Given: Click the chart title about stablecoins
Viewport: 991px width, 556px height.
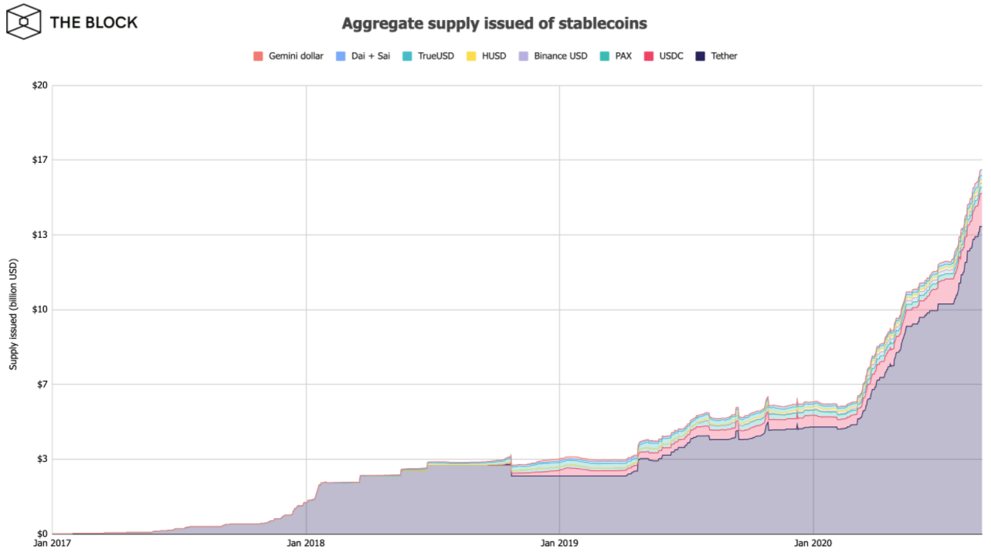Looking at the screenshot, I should [494, 24].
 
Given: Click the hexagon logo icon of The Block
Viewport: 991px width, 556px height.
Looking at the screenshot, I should [24, 22].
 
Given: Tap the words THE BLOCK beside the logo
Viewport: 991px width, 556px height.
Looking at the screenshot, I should [93, 22].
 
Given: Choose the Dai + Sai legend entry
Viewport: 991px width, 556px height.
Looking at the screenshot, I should [363, 56].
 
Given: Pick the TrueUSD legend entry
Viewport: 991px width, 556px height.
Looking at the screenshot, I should [429, 56].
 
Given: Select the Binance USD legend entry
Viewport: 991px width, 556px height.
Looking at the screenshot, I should [553, 56].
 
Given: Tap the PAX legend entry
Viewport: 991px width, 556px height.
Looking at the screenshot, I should [616, 56].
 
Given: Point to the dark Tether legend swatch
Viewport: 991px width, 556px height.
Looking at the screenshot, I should [701, 56].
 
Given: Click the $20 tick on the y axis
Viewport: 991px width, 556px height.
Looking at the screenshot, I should [39, 85].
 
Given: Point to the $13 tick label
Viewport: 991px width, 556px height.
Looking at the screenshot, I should [39, 235].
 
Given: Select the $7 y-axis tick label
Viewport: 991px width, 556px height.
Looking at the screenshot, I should [42, 385].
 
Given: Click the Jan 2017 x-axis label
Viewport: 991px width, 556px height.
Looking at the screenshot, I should [52, 544].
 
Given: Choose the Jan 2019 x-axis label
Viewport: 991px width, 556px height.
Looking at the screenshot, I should [559, 544].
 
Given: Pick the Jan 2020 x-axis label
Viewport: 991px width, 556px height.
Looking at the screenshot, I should [813, 544].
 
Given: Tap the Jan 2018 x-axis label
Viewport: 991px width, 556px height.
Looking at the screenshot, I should [306, 544].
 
